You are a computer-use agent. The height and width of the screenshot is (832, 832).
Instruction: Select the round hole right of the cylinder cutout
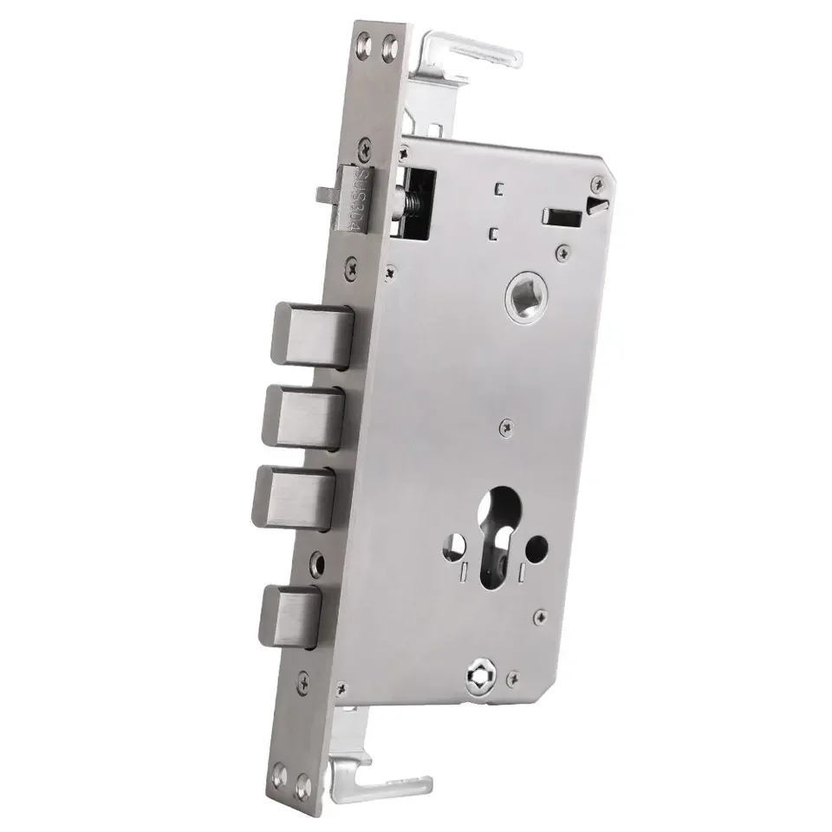coord(539,547)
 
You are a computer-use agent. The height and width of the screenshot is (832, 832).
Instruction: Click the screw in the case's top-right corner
coord(596,185)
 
